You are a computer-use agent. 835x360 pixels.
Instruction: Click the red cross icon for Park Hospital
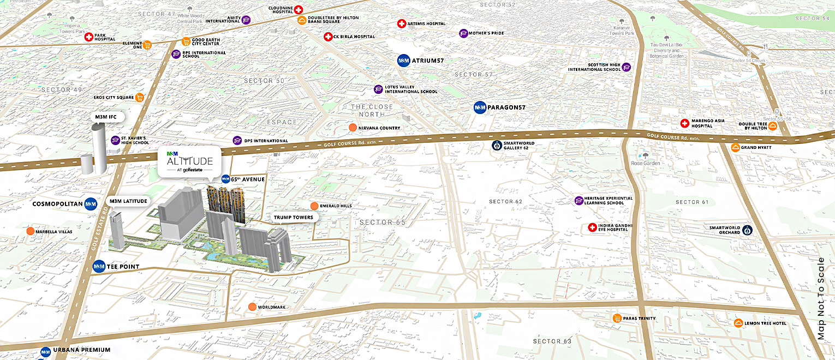point(88,37)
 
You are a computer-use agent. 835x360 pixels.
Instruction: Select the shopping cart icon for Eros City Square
point(140,98)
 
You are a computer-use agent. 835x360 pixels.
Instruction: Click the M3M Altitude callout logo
point(189,161)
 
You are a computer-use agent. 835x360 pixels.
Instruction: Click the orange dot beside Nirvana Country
point(353,128)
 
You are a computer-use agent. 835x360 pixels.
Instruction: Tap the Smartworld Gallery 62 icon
point(497,145)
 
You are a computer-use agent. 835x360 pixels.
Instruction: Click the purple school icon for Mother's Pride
point(463,33)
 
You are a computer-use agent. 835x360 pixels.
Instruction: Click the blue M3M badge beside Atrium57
point(404,61)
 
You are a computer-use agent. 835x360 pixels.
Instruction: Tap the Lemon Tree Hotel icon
point(738,323)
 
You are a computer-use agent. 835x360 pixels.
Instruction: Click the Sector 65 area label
point(383,223)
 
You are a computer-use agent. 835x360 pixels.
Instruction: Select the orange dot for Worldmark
point(252,307)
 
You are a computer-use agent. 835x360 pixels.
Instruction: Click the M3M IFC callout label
point(107,117)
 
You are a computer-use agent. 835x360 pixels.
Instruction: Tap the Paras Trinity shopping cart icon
point(617,319)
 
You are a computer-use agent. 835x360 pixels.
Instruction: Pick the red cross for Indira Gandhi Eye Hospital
point(592,227)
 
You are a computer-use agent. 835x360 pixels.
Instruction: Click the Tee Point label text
point(123,267)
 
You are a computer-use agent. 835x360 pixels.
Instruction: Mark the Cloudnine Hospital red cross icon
point(298,9)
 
